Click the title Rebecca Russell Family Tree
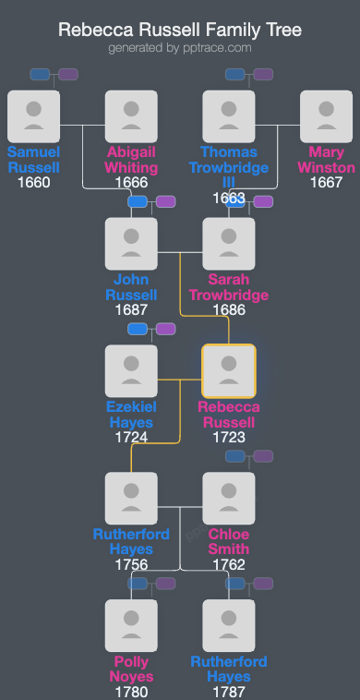(x=180, y=30)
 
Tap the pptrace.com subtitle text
(x=180, y=47)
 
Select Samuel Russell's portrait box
(x=33, y=116)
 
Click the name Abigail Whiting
(x=131, y=160)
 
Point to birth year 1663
(x=228, y=197)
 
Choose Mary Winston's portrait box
(x=326, y=116)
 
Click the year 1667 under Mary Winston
(x=326, y=182)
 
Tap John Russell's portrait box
(x=131, y=244)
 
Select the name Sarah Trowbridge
(x=228, y=287)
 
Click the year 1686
(x=228, y=309)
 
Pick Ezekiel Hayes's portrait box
(x=131, y=371)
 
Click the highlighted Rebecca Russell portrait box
(x=228, y=371)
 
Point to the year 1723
(x=228, y=437)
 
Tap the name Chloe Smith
(x=228, y=542)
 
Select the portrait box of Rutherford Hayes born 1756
(x=131, y=499)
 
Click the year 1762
(x=228, y=564)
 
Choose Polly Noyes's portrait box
(x=131, y=626)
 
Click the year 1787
(x=228, y=691)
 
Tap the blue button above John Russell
(x=138, y=201)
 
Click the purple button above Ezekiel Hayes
(x=165, y=329)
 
